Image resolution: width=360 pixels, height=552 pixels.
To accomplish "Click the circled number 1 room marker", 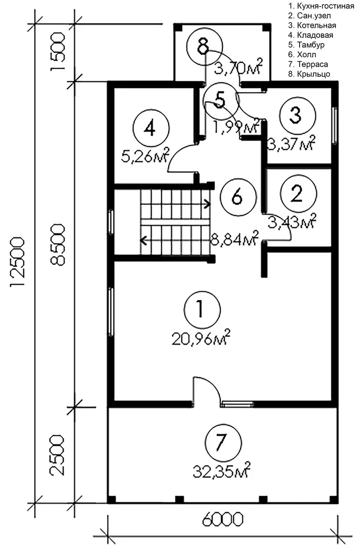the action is click(202, 309).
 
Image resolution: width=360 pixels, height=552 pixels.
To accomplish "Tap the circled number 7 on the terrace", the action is click(223, 442).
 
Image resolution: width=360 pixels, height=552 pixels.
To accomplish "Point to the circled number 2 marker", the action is click(298, 193).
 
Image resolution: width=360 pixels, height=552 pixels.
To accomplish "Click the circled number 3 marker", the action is click(297, 115).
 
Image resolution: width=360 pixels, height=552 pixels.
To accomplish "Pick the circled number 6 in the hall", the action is click(238, 197).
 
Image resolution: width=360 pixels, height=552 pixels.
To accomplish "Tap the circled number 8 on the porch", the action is click(205, 47).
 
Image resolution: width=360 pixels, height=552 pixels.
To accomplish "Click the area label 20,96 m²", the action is click(201, 338).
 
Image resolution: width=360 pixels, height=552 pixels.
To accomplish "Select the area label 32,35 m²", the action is click(221, 470).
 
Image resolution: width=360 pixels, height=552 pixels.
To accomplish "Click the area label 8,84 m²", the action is click(235, 239).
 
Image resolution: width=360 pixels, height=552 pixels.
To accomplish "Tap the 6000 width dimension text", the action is click(222, 519).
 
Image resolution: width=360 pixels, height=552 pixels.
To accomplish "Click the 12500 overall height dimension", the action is click(17, 263).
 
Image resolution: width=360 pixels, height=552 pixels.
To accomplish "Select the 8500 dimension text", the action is click(58, 245).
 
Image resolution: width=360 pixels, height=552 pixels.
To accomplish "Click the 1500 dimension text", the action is click(58, 52).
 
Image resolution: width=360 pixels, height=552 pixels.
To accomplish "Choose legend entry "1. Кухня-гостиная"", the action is click(321, 6).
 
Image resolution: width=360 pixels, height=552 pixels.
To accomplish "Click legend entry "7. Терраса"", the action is click(308, 64).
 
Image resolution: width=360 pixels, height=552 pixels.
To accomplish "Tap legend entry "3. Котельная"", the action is click(312, 26).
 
